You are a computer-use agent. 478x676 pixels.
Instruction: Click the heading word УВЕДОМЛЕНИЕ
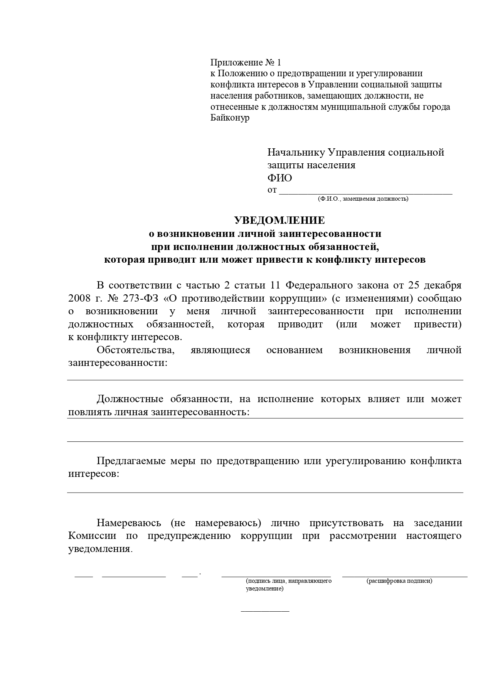pyautogui.click(x=279, y=220)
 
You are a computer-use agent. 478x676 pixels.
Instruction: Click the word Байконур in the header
pyautogui.click(x=230, y=118)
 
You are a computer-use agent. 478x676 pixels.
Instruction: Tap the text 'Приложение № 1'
pyautogui.click(x=246, y=63)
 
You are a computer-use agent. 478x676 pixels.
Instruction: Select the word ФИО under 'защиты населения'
pyautogui.click(x=279, y=178)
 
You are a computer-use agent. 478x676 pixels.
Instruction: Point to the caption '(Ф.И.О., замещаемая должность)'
pyautogui.click(x=363, y=199)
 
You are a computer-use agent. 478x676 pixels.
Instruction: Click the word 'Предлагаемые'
pyautogui.click(x=130, y=461)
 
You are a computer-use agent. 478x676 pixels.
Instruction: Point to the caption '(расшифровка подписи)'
pyautogui.click(x=399, y=581)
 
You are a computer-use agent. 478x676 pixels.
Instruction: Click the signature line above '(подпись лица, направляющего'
pyautogui.click(x=276, y=576)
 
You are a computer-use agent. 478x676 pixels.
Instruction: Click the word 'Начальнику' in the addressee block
pyautogui.click(x=295, y=152)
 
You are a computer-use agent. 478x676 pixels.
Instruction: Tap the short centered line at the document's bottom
pyautogui.click(x=265, y=611)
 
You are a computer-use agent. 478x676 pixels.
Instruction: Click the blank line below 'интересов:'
pyautogui.click(x=265, y=492)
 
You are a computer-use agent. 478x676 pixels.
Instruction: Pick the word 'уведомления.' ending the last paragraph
pyautogui.click(x=100, y=549)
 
